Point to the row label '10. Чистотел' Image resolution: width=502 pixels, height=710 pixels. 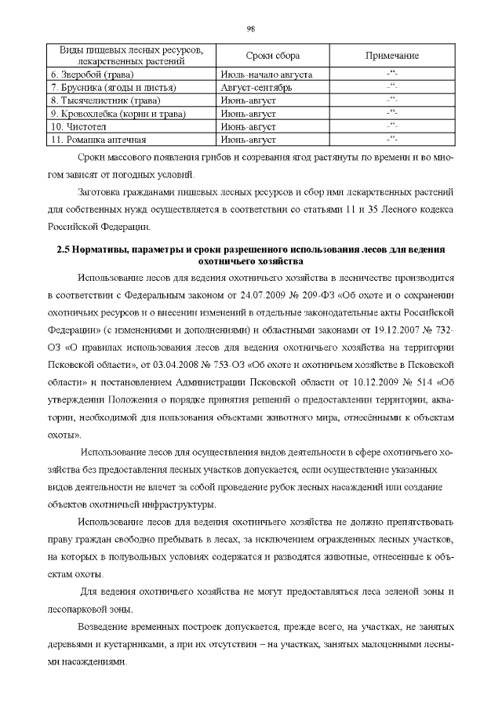[x=78, y=126]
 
